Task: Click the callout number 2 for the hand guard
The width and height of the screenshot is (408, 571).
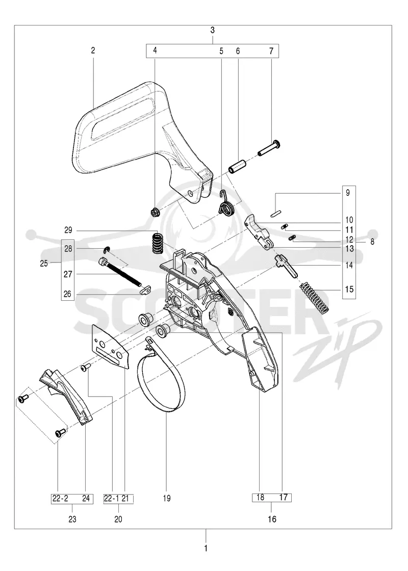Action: (x=93, y=50)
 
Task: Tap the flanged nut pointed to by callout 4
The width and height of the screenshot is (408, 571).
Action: (x=155, y=211)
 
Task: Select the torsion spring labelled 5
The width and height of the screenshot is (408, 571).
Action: (x=226, y=204)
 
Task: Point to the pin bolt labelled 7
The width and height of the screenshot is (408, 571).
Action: (x=269, y=148)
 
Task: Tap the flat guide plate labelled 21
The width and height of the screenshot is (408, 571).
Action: (x=110, y=347)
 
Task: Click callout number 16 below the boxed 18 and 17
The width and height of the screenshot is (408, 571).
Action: (x=272, y=519)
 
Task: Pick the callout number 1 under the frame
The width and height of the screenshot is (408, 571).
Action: (x=206, y=548)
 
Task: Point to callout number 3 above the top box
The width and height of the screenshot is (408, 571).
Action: (x=212, y=30)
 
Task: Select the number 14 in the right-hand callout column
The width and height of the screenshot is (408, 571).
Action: (x=349, y=265)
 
